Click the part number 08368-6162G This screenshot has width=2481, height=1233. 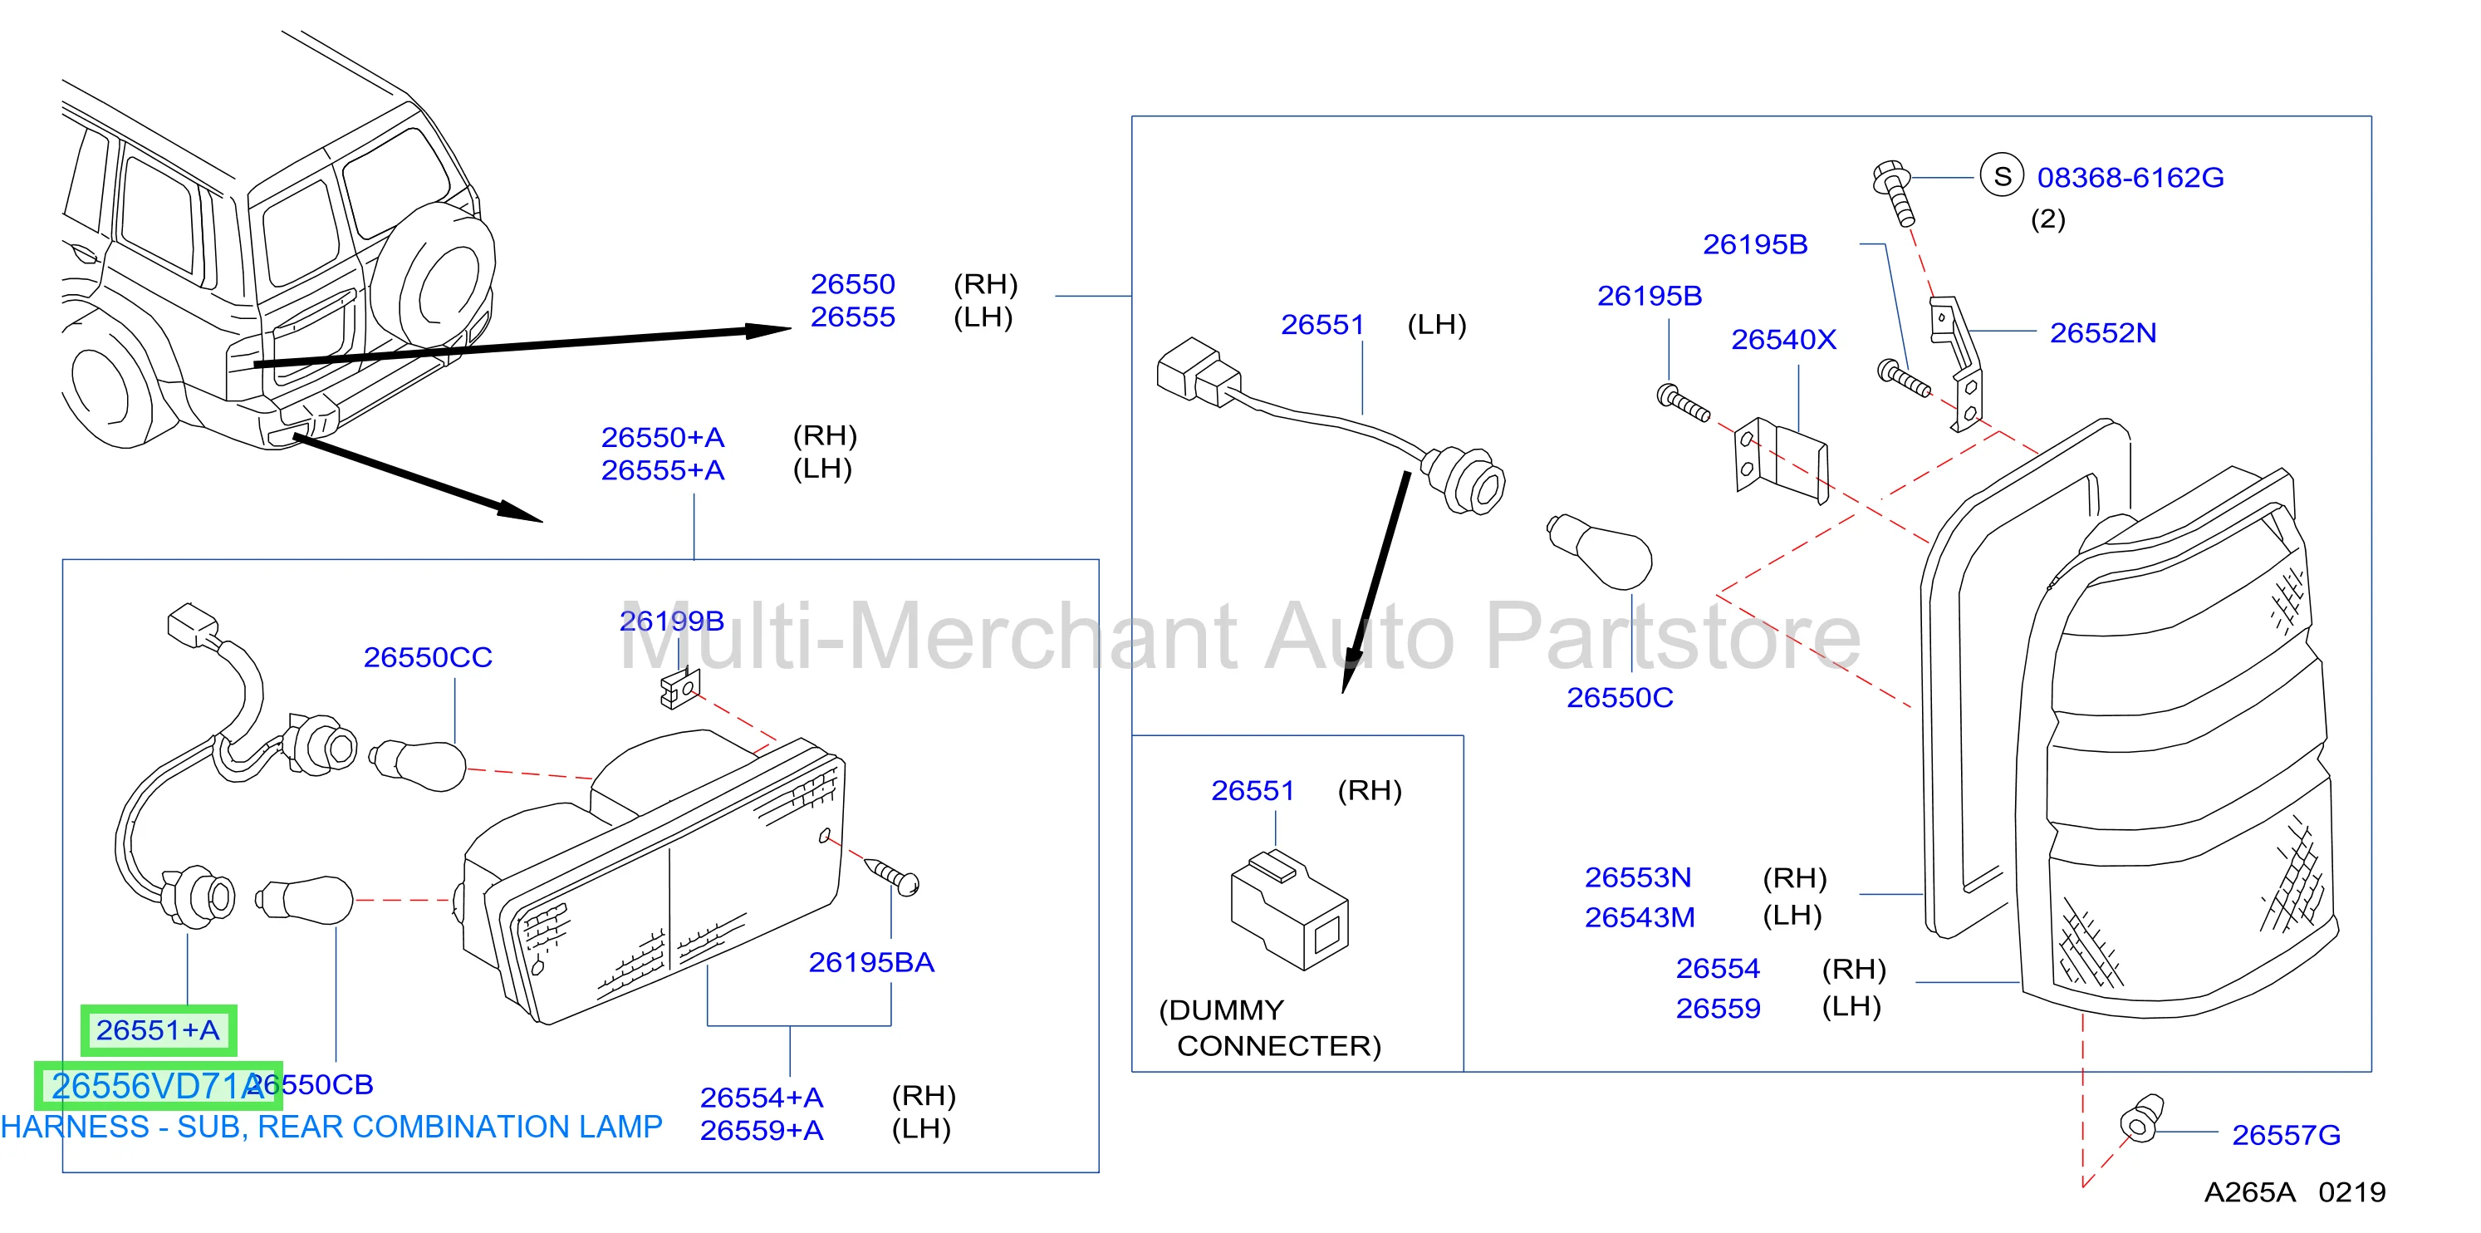coord(2130,177)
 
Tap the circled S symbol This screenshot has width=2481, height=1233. coord(2003,176)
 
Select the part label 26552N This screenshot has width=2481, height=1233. coord(2102,333)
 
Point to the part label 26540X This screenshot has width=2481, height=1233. coord(1783,339)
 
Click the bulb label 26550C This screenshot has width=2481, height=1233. coord(1620,697)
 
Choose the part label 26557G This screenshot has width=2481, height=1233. coord(2287,1135)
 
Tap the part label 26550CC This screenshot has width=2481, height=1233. coord(428,657)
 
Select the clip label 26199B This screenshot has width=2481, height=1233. coord(671,621)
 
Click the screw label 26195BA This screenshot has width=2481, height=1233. coord(871,962)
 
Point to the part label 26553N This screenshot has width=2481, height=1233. coord(1638,877)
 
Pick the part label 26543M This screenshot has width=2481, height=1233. coord(1640,917)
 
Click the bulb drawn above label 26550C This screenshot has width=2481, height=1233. coord(1599,551)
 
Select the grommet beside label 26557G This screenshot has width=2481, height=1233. coord(2141,1118)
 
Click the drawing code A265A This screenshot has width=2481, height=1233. coord(2250,1192)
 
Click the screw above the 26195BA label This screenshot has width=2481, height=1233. coord(893,875)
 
